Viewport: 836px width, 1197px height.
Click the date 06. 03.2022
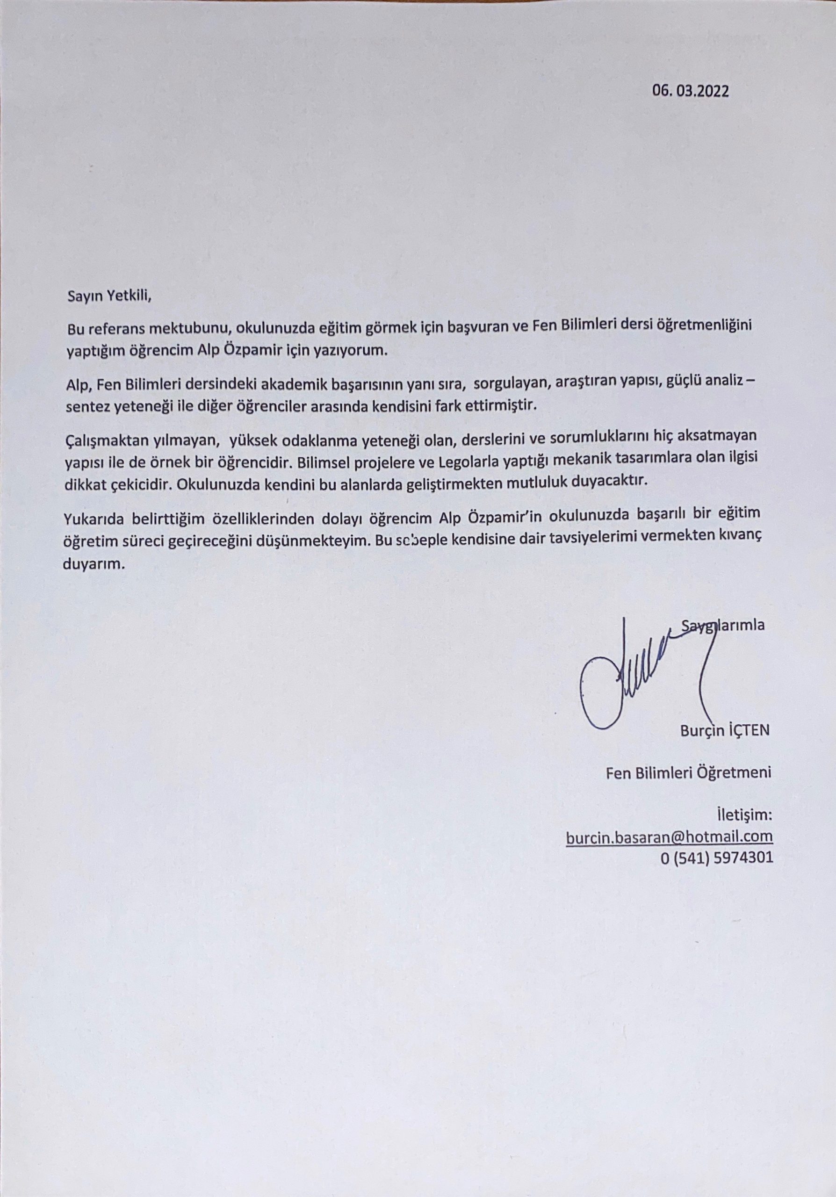click(x=690, y=91)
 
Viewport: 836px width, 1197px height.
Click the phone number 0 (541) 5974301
click(x=716, y=858)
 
